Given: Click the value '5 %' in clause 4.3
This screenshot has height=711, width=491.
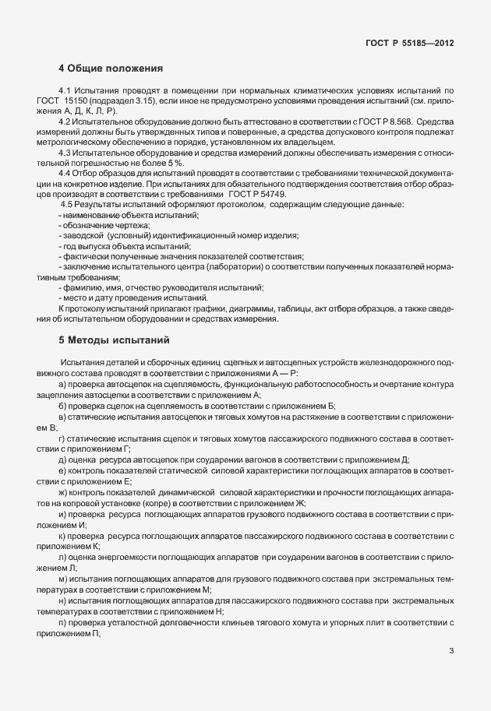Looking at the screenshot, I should point(173,164).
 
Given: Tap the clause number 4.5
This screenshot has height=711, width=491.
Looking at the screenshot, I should point(68,204).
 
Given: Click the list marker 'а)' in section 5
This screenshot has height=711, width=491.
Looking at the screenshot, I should point(63,385).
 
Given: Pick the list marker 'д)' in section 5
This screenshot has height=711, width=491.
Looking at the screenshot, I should point(63,459).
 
